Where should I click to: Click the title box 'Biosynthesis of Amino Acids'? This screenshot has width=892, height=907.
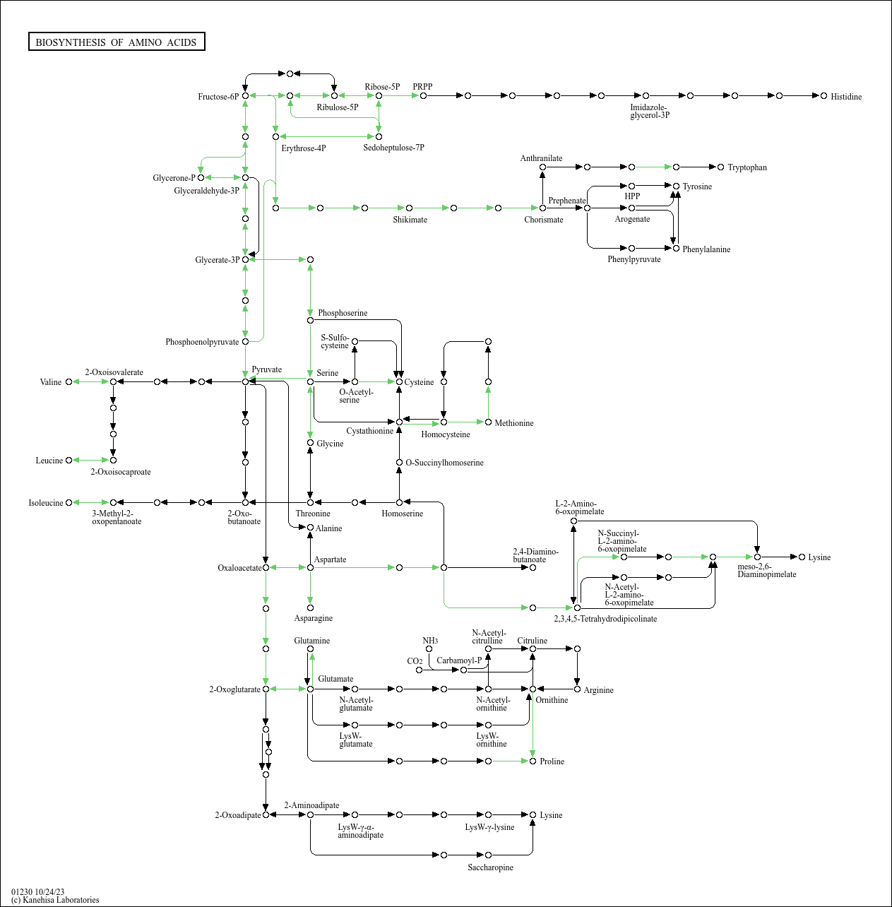tap(117, 42)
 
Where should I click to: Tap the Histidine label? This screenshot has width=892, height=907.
tap(846, 97)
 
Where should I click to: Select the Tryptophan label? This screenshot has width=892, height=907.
tap(747, 167)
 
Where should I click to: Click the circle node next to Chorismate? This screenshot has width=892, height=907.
tap(542, 208)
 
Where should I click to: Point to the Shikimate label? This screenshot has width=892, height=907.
tap(410, 220)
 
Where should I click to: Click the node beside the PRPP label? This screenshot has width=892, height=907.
tap(423, 95)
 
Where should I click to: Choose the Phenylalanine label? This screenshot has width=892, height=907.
tap(706, 249)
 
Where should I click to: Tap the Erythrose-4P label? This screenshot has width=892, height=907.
tap(304, 148)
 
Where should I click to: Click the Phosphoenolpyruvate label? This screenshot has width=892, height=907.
tap(202, 342)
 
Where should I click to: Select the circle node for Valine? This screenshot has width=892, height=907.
tap(69, 382)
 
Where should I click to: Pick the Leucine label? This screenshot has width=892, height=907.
tap(49, 461)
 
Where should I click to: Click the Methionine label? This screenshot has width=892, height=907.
tap(514, 423)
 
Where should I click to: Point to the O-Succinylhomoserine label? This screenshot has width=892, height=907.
tap(445, 463)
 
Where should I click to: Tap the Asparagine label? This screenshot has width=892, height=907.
tap(314, 618)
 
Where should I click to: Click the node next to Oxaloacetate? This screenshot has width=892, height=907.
tap(266, 567)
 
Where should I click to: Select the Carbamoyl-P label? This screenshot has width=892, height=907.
tap(459, 660)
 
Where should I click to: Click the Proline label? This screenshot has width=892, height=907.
tap(552, 761)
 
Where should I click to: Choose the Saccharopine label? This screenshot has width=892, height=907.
tap(490, 867)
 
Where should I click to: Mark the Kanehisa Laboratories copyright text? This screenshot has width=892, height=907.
tap(55, 900)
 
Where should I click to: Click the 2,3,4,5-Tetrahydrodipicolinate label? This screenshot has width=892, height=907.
tap(605, 619)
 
